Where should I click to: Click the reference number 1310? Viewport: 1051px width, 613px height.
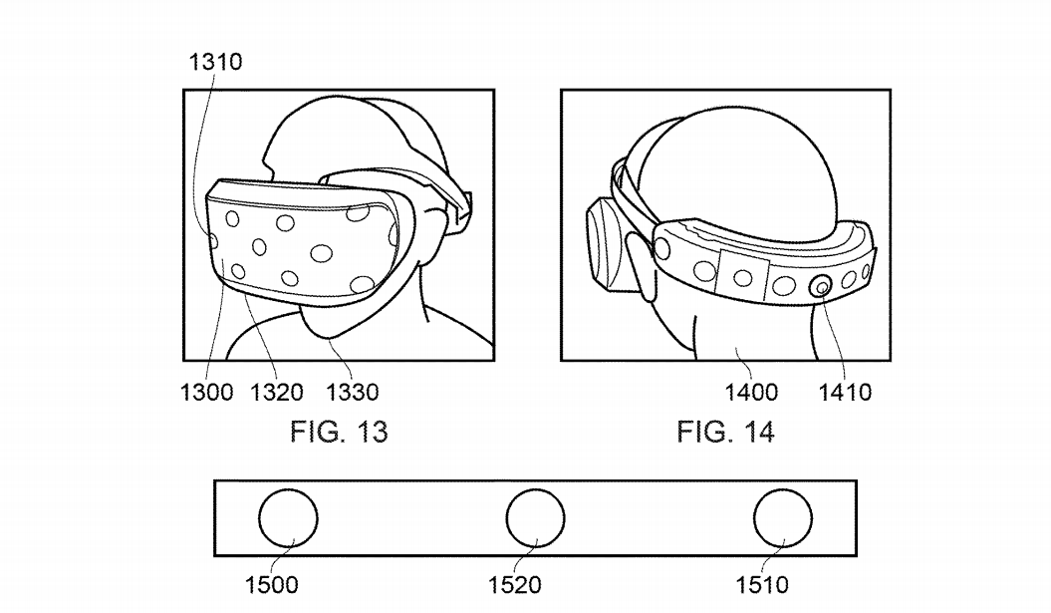215,62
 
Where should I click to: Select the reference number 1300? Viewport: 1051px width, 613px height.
206,392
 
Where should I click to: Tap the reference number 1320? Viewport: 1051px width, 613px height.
277,392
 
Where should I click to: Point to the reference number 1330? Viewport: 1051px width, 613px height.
353,392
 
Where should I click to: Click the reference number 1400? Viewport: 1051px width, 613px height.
751,392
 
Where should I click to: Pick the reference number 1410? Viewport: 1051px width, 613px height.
845,392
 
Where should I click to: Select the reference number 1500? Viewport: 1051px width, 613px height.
271,585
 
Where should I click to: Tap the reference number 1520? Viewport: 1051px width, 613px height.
515,585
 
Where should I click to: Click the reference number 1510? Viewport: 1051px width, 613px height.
763,585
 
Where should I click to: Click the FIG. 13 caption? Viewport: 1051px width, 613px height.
339,432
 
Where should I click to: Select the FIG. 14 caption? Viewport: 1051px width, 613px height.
726,432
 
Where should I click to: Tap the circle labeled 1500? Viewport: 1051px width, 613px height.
288,489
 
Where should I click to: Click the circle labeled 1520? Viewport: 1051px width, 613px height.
536,489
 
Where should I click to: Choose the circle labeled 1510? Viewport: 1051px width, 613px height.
783,489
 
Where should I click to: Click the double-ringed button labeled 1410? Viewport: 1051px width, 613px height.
821,287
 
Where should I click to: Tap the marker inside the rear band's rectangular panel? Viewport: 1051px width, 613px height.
742,277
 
